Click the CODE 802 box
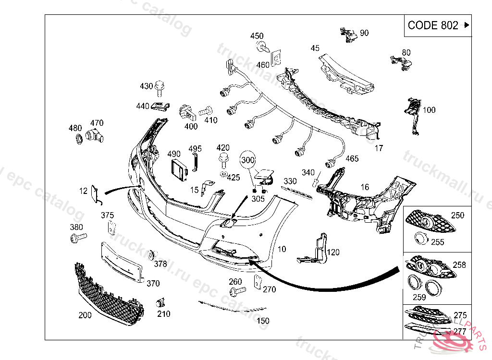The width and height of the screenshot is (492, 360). tap(437, 25)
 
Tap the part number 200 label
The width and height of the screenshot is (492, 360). tap(85, 315)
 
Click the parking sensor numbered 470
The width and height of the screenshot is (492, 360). tap(95, 136)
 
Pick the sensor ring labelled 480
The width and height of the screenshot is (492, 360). tap(77, 140)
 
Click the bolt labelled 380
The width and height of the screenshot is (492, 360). tap(78, 238)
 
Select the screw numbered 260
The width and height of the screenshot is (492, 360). tap(237, 291)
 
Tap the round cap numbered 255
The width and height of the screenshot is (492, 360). tap(420, 238)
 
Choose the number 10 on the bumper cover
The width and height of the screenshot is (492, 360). tap(282, 249)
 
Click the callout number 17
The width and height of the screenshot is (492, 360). tap(379, 148)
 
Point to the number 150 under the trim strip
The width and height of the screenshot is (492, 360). tap(263, 321)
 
